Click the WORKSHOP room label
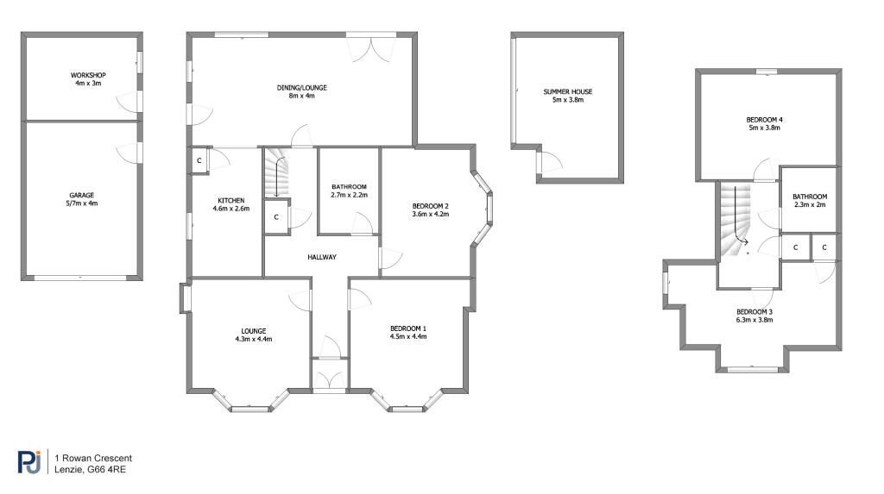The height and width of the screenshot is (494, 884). [x=88, y=75]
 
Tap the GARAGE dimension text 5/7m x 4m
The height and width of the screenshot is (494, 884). [x=82, y=203]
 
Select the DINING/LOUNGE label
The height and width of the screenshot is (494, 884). [x=301, y=88]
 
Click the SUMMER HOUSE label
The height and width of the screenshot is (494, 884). [x=568, y=91]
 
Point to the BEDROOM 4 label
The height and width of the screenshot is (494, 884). [x=764, y=120]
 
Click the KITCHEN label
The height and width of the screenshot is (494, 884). [x=231, y=201]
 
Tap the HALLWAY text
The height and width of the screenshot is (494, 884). [x=322, y=258]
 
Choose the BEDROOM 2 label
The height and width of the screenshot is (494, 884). [x=431, y=206]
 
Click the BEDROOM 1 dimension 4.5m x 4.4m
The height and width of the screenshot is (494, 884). [x=408, y=337]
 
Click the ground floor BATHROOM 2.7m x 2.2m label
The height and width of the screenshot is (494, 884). [x=349, y=191]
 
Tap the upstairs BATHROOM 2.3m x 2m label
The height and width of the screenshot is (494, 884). [x=810, y=201]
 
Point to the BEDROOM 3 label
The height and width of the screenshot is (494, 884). [x=755, y=312]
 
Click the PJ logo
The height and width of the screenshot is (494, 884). [x=29, y=462]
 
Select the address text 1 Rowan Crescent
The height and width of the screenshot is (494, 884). [x=93, y=459]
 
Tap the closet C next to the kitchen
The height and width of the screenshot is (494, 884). [x=199, y=161]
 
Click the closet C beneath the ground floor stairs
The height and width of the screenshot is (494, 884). [x=276, y=217]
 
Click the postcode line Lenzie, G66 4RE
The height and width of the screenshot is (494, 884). [x=90, y=469]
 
